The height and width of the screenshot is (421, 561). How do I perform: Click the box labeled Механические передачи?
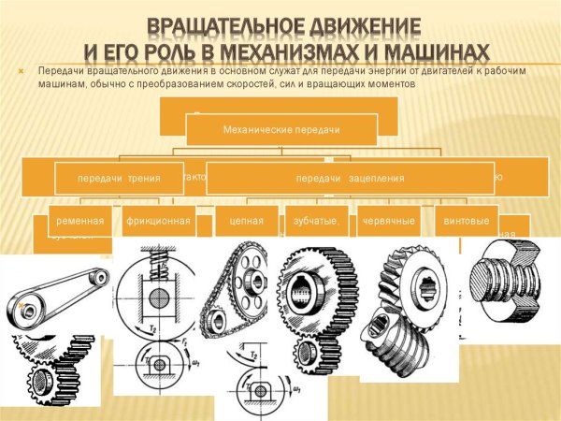click(281, 128)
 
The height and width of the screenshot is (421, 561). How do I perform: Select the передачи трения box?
click(119, 178)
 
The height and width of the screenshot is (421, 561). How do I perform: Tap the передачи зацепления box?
click(350, 178)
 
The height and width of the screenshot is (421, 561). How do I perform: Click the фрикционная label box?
click(158, 222)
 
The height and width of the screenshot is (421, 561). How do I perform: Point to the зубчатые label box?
click(315, 222)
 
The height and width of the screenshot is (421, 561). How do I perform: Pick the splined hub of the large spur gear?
click(311, 291)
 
